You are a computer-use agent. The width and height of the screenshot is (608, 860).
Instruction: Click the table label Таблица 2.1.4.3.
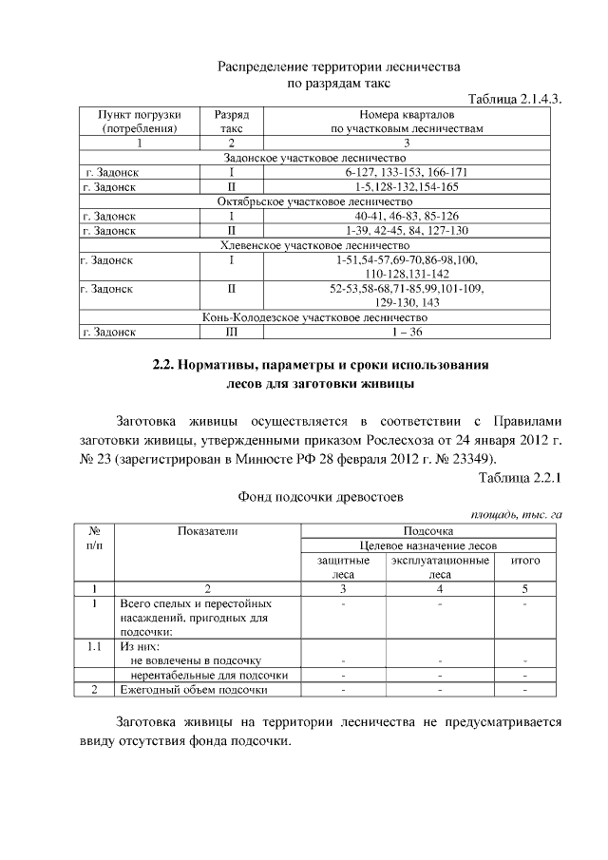click(510, 99)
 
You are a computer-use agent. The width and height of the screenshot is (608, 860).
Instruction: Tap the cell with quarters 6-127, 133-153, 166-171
click(407, 172)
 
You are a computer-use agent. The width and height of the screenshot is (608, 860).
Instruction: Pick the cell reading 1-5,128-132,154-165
click(407, 187)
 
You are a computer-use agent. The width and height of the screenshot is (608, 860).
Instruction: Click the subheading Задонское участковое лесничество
click(313, 158)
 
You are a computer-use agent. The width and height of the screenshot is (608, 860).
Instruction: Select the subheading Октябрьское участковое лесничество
click(313, 201)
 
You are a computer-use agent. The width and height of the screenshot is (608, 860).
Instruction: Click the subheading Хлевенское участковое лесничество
click(313, 245)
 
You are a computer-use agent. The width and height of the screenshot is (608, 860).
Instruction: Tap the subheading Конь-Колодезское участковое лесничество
click(313, 317)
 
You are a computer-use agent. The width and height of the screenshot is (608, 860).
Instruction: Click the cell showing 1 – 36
click(407, 332)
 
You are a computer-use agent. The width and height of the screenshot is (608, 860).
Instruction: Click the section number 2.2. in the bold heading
click(165, 365)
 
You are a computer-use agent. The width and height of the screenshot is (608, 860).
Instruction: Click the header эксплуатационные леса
click(440, 567)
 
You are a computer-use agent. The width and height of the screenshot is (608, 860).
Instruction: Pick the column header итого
click(525, 561)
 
